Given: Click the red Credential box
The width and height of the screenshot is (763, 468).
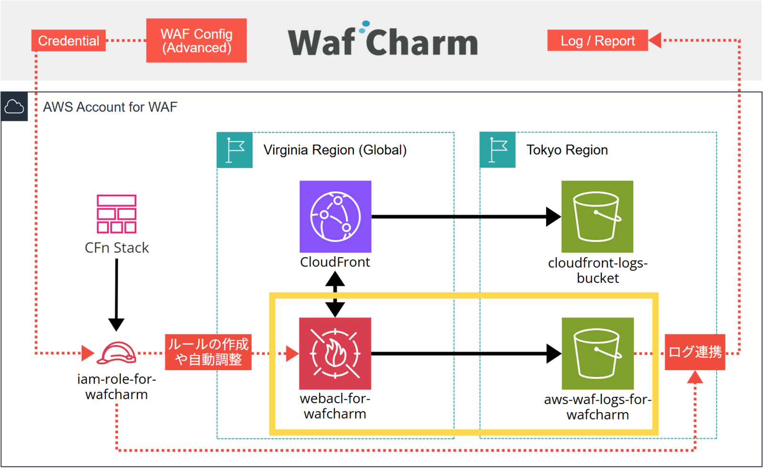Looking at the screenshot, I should point(69,41).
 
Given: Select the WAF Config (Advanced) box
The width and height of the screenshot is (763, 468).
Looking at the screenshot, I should point(196,41).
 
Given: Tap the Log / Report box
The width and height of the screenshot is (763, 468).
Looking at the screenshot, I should point(598,41).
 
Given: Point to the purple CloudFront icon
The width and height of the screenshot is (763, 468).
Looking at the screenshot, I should point(335,216).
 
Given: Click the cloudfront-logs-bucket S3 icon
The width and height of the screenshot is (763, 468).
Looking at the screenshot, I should point(597,216).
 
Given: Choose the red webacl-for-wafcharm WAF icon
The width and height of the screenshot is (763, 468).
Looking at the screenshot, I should point(335,354).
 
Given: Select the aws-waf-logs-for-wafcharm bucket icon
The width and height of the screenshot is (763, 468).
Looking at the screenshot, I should point(598,354).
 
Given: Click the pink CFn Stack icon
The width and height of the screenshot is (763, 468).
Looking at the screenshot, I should point(116,214).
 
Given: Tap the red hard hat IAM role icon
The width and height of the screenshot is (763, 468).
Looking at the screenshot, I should point(116,353).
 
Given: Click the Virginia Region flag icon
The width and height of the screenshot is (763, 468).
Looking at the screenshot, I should point(235,150).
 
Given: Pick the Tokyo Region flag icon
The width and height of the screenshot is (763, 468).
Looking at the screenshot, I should point(497,150).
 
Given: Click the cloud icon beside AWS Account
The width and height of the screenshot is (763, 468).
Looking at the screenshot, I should point(14,106).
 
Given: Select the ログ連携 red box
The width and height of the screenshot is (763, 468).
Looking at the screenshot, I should point(695,352).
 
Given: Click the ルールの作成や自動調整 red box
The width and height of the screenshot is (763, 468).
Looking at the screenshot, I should point(208,352).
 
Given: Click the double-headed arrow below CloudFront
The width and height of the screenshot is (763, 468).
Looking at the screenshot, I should point(335,294).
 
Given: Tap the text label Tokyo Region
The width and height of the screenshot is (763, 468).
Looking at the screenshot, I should point(567,150).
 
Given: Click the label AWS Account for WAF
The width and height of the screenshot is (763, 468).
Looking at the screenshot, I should point(110,107).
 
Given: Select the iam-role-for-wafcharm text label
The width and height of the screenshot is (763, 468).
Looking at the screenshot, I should point(116,387).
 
